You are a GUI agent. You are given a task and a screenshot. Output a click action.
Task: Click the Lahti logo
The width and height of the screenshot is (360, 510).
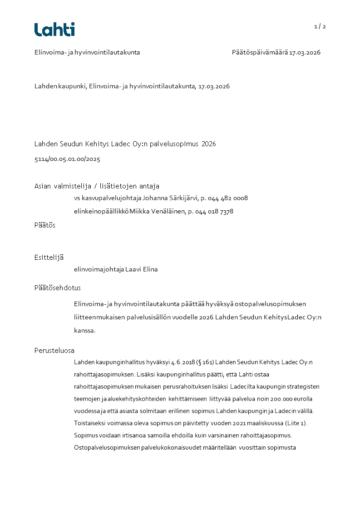pos(54,30)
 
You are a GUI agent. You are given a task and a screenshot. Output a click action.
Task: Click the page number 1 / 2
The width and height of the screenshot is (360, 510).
pos(320,26)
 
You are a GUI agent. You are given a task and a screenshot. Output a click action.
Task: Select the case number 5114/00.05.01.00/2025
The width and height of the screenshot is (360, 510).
pos(67,159)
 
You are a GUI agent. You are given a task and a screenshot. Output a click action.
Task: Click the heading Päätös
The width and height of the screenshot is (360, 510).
pos(45,225)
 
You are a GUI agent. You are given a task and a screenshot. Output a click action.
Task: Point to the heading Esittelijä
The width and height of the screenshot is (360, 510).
pos(49,257)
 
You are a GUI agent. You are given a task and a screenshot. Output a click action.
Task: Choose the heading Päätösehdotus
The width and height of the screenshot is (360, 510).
pos(58,287)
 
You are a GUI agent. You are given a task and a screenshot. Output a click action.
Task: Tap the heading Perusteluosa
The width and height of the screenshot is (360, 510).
pos(54,351)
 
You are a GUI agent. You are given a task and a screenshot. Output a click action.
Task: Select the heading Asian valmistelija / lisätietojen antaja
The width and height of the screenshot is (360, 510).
pos(97,186)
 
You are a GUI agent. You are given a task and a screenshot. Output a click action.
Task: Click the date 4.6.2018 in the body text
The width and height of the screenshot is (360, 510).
pos(182,362)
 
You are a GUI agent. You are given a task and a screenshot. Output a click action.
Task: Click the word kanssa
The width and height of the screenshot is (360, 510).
pos(84,330)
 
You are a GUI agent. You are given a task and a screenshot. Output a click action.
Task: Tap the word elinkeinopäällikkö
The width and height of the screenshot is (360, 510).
pos(101,211)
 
